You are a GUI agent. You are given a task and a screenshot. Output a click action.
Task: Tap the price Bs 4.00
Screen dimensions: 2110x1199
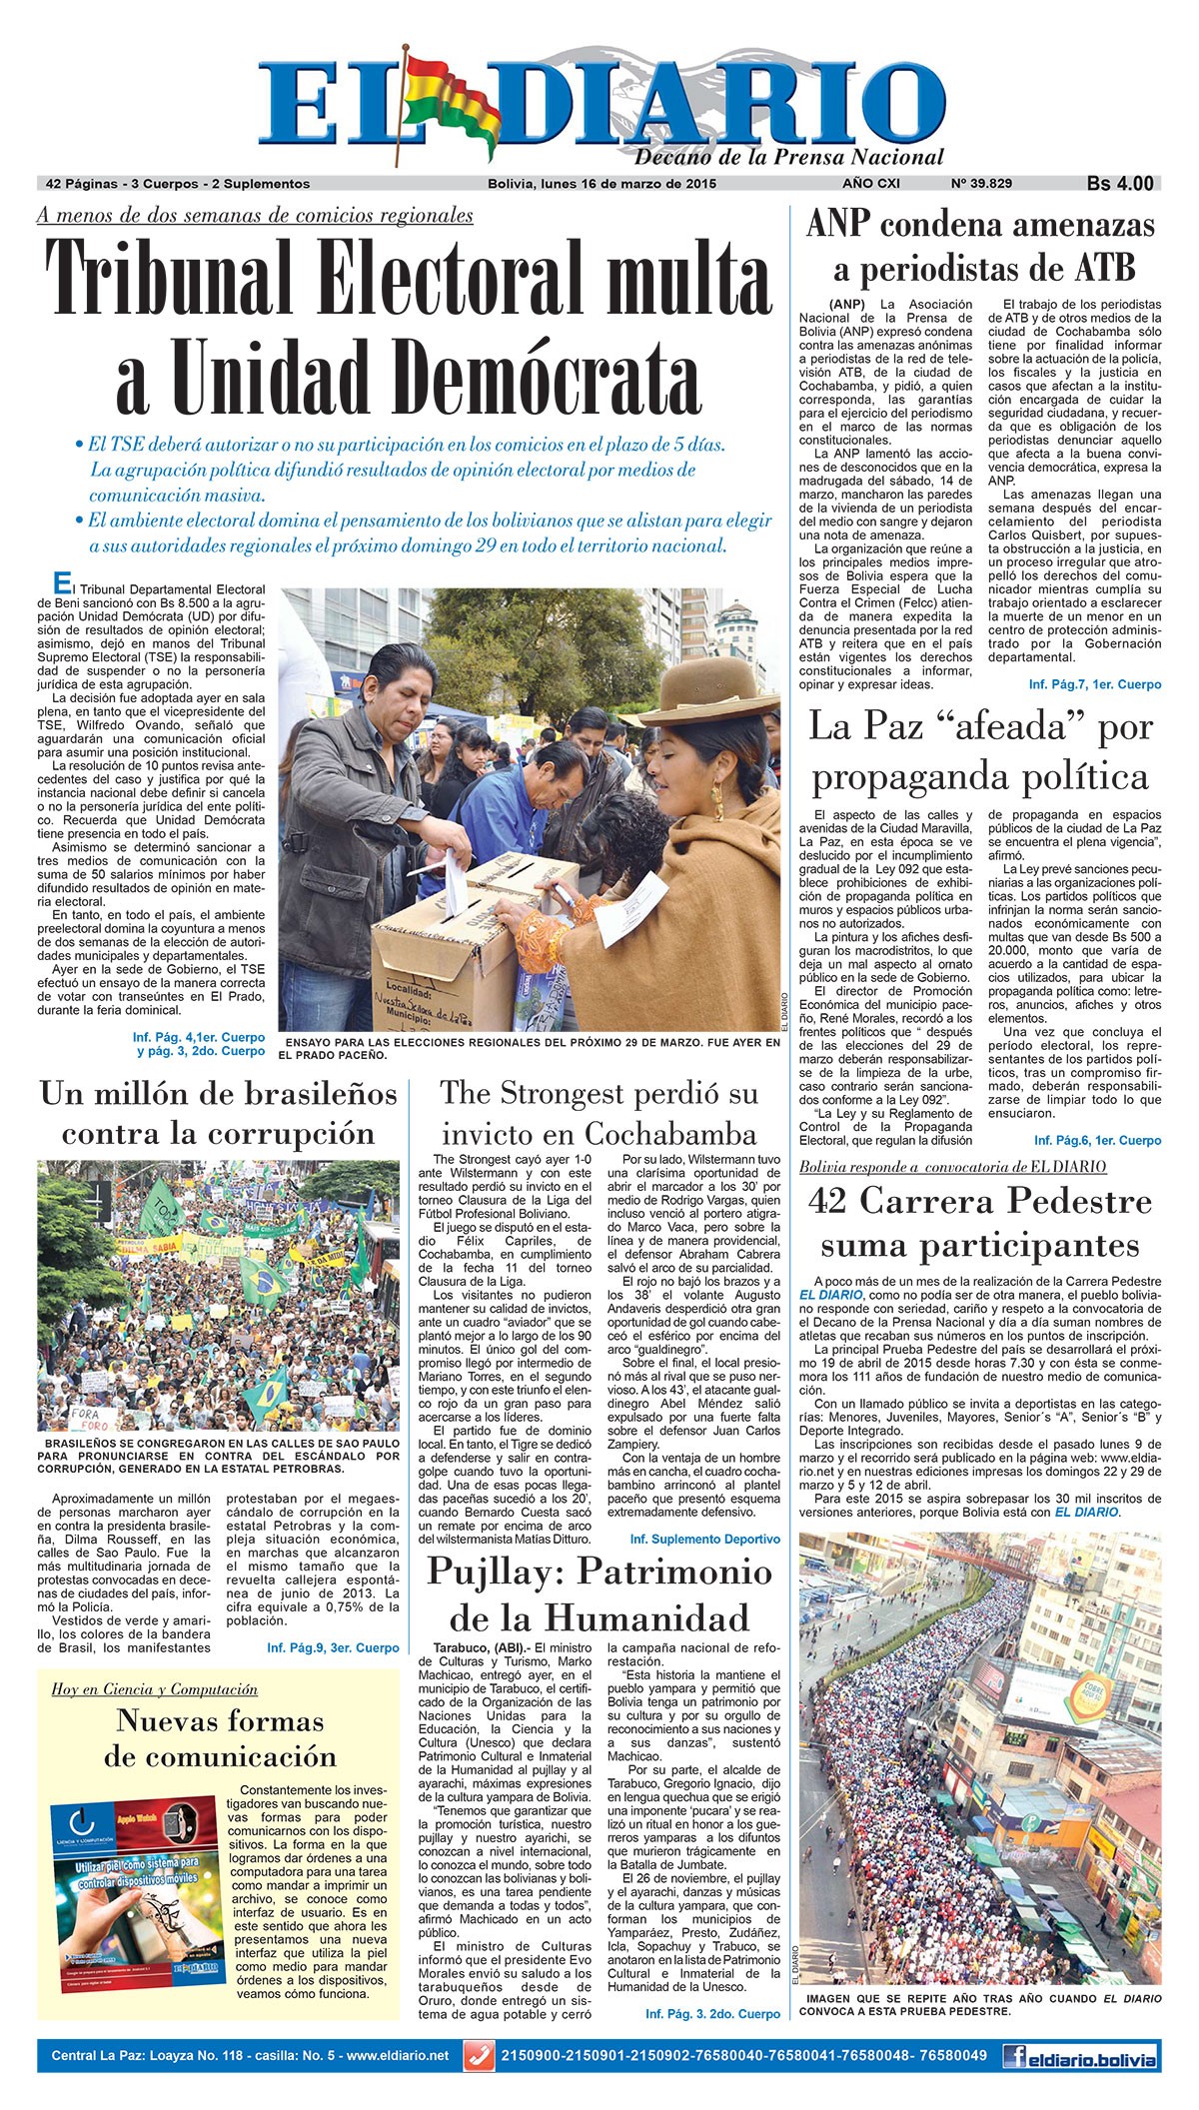pyautogui.click(x=1120, y=184)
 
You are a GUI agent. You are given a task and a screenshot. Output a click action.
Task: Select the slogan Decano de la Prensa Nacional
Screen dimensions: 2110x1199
pyautogui.click(x=789, y=157)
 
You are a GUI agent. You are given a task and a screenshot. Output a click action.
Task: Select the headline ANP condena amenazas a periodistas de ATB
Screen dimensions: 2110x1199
pyautogui.click(x=979, y=247)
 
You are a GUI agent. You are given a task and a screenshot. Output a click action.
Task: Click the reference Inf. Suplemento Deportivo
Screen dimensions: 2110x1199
pyautogui.click(x=704, y=1540)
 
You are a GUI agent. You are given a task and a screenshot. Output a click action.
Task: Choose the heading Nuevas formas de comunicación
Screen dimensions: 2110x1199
pyautogui.click(x=220, y=1738)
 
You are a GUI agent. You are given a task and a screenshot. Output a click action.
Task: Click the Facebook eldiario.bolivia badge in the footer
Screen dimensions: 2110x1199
pyautogui.click(x=1080, y=2057)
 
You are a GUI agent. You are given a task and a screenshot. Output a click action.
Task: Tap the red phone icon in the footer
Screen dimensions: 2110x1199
pyautogui.click(x=478, y=2056)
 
